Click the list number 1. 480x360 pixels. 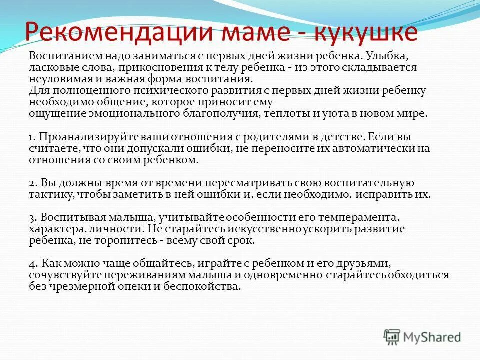coord(31,137)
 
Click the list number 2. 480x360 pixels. coord(32,183)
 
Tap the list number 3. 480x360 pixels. coord(32,218)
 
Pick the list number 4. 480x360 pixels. coord(32,263)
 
